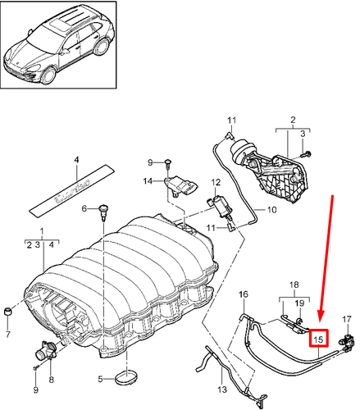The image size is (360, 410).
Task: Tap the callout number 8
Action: [51, 379]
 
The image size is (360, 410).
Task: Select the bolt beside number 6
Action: [103, 211]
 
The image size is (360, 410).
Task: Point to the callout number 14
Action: [148, 180]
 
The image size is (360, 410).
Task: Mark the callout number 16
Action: [243, 294]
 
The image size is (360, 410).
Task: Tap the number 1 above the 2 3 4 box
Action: [32, 232]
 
